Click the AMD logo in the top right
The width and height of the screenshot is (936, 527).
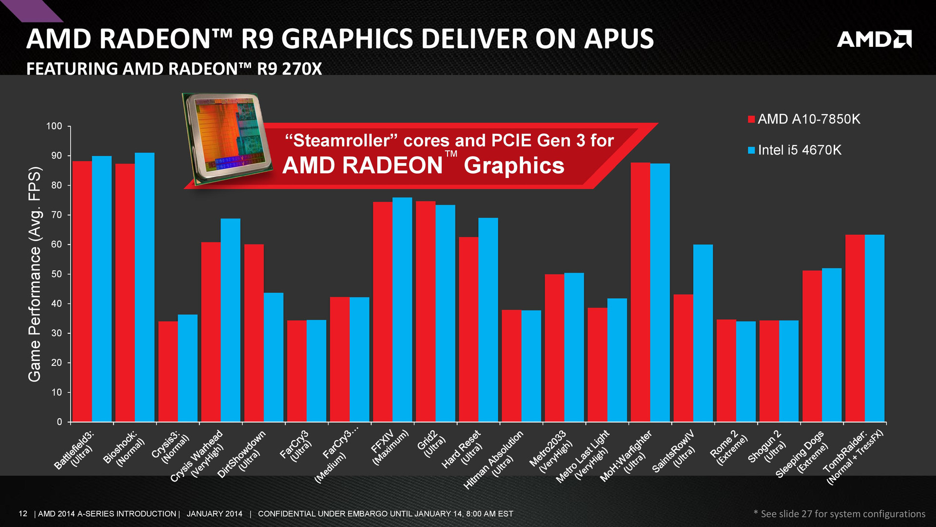tap(874, 39)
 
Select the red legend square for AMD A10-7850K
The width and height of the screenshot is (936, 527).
tap(751, 120)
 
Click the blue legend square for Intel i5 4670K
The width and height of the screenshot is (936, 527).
tap(751, 150)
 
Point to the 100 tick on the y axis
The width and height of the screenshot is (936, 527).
tap(55, 126)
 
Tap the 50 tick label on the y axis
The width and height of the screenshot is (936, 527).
tap(57, 274)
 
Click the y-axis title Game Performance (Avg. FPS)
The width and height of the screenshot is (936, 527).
tap(35, 274)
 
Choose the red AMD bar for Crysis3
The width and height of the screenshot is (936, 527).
tap(168, 371)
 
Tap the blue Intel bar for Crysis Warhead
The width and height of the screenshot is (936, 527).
tap(231, 320)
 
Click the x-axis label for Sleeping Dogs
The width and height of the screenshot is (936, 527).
tap(802, 454)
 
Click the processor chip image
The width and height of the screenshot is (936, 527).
tap(227, 139)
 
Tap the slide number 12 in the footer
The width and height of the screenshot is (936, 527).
tap(23, 513)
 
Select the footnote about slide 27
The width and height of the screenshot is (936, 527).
tap(839, 513)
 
